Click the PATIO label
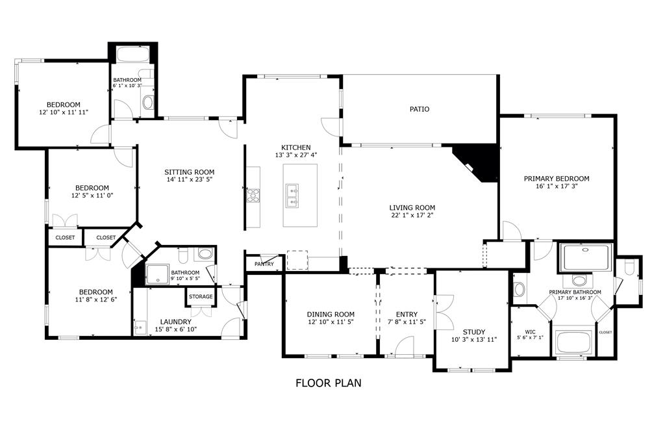click(x=419, y=109)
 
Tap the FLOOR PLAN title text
click(x=328, y=383)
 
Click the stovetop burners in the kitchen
click(x=253, y=195)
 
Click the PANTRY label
click(x=264, y=264)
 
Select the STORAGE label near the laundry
click(x=201, y=296)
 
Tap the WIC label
click(x=530, y=332)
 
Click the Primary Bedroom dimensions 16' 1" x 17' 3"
click(x=557, y=186)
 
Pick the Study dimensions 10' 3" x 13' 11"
click(x=473, y=339)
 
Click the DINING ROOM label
click(x=331, y=314)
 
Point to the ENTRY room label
click(x=407, y=314)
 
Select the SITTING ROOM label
click(x=189, y=172)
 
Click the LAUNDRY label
click(x=175, y=322)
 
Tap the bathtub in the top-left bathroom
click(x=132, y=55)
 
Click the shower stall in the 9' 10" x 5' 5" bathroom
click(x=157, y=274)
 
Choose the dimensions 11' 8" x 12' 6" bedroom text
click(x=96, y=300)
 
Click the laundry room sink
click(x=139, y=328)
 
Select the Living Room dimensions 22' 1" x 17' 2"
click(x=412, y=215)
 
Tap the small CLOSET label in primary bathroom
click(x=605, y=333)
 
